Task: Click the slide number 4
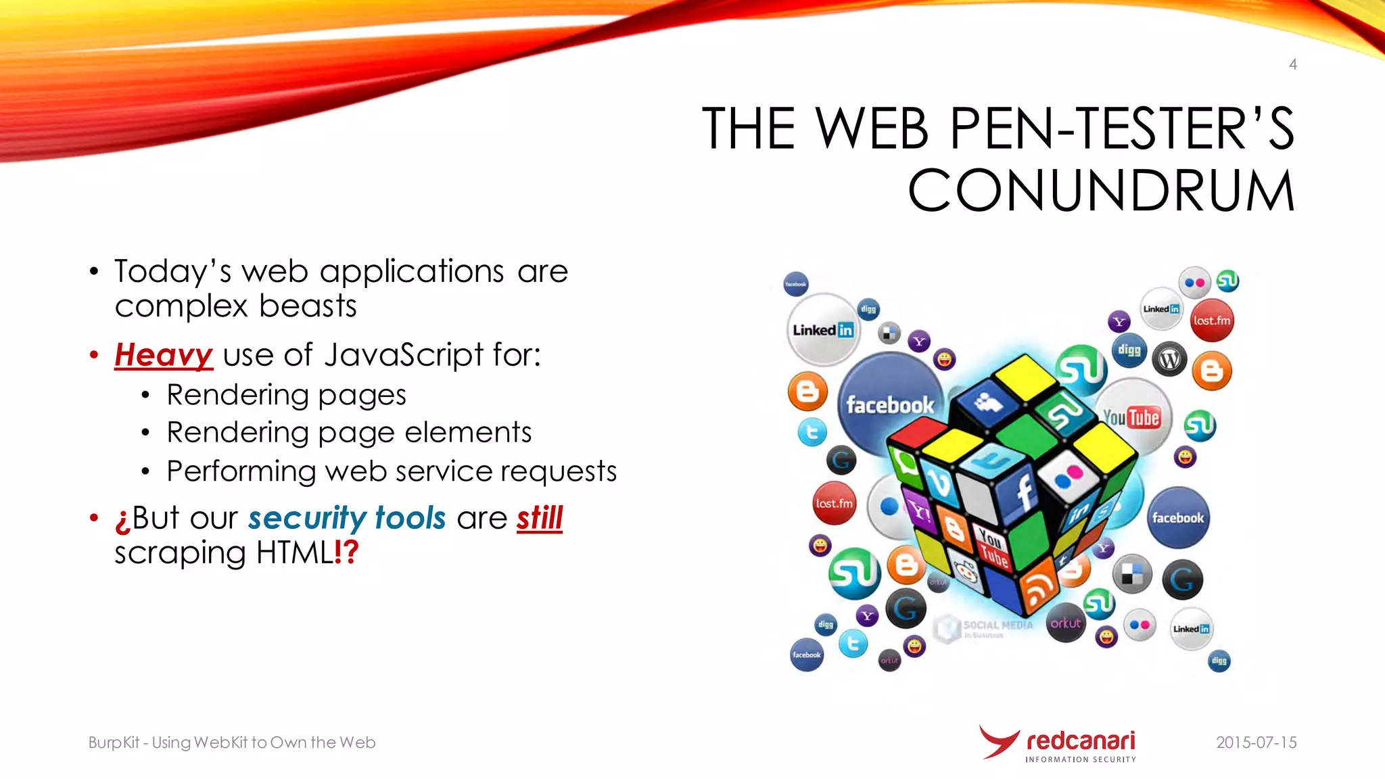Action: tap(1292, 64)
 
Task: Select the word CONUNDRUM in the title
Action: tap(1101, 191)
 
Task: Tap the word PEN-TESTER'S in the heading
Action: tap(1122, 128)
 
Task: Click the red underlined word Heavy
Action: tap(164, 355)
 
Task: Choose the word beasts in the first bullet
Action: tap(308, 306)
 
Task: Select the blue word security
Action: tap(307, 519)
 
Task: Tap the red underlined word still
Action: tap(539, 519)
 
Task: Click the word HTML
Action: tap(295, 553)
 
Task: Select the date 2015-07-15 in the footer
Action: tap(1256, 742)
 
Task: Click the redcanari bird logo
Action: tap(998, 742)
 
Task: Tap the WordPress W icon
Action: tap(1170, 359)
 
